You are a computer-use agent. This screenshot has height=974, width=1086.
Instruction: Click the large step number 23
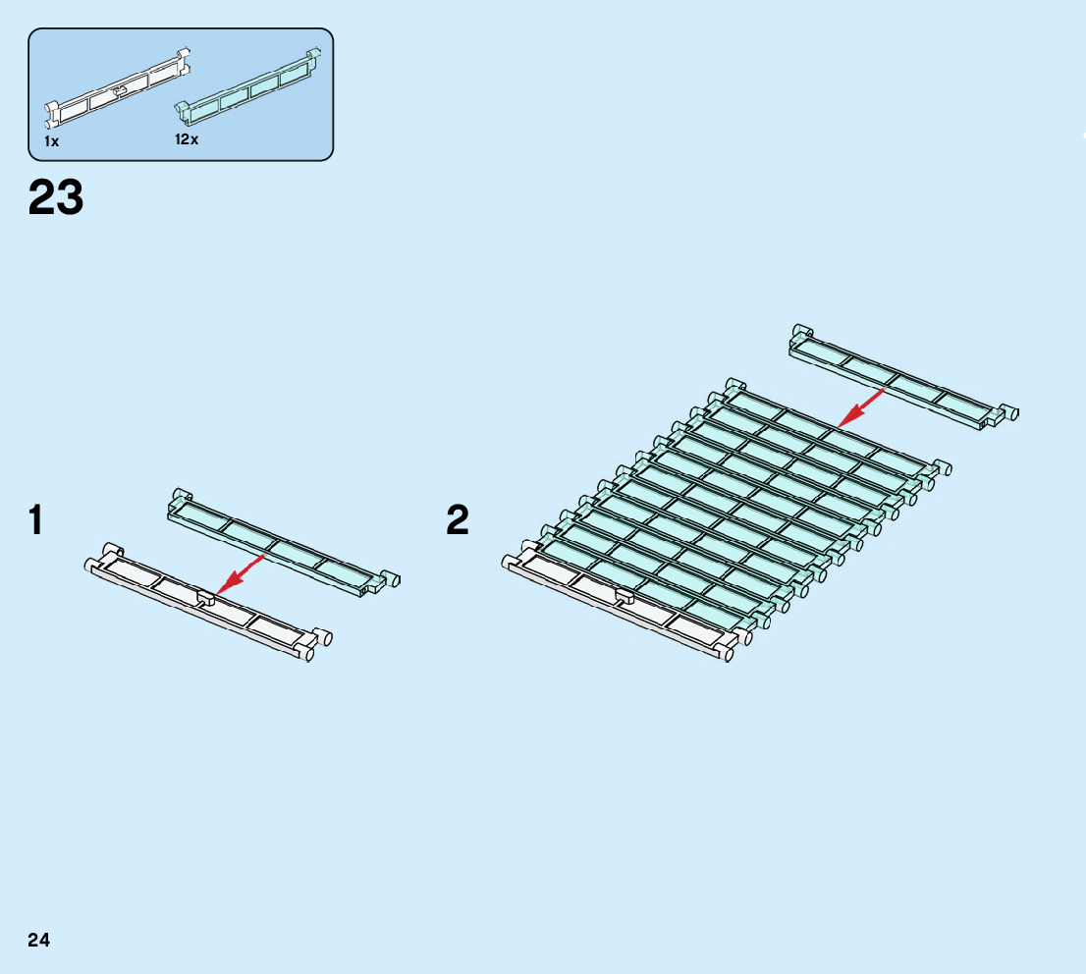pos(56,197)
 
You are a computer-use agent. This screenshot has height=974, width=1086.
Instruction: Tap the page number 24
pos(38,940)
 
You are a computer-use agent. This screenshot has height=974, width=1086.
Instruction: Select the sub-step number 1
pos(35,520)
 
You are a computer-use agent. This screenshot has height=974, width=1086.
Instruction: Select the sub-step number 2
pos(458,520)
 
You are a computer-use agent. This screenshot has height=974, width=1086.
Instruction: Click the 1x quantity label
pos(51,141)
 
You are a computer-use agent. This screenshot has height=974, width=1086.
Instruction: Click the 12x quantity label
pos(187,139)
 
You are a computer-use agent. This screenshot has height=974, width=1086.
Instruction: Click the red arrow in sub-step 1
pos(241,573)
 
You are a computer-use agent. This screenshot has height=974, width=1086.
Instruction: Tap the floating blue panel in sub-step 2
pos(898,377)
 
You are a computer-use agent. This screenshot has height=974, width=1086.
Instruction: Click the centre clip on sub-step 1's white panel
pos(206,596)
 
